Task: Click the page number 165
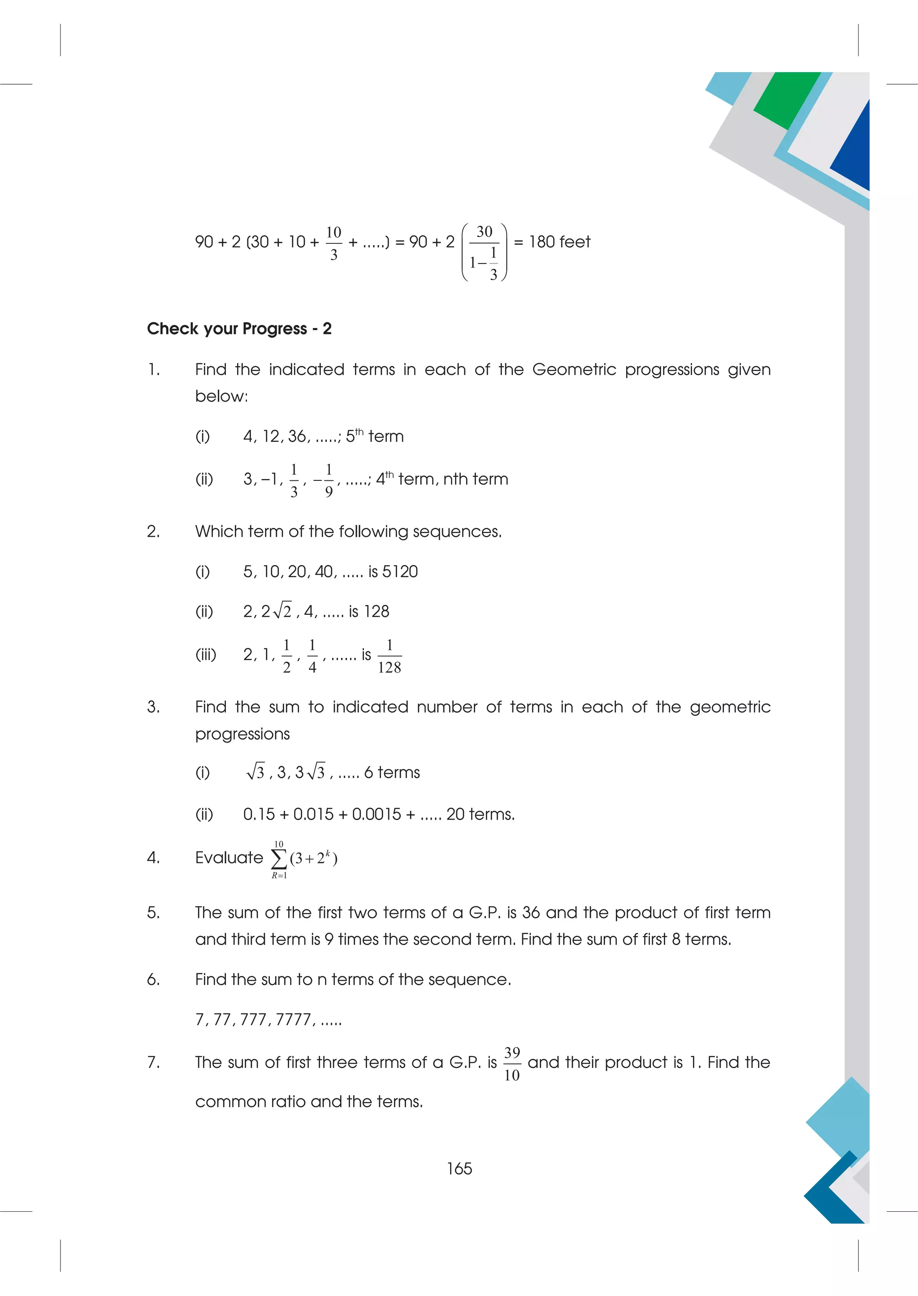pos(459,1168)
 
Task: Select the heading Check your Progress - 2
pos(239,328)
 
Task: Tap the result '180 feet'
pos(559,242)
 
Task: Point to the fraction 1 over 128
pos(389,656)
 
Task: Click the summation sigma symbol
pos(279,859)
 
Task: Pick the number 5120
pos(400,571)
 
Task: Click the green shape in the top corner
pos(787,99)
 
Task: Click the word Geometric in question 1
pos(574,369)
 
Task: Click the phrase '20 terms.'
pos(481,814)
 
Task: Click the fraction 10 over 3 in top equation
pos(333,243)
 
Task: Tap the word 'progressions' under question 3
pos(242,734)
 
